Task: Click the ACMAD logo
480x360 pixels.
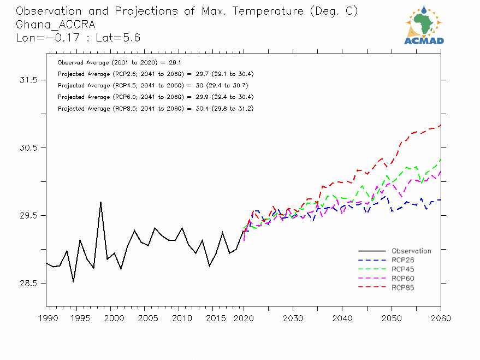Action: click(x=424, y=25)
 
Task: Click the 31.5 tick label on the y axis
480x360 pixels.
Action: click(x=28, y=80)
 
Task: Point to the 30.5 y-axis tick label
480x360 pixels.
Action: click(x=28, y=148)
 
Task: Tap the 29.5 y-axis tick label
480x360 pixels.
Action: click(x=28, y=216)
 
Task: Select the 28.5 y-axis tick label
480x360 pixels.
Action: click(x=28, y=284)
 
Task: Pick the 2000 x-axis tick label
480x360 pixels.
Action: click(x=112, y=318)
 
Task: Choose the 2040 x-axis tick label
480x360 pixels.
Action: click(x=342, y=318)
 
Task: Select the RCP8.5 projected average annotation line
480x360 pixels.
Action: click(x=155, y=109)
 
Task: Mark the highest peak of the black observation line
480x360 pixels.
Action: click(x=100, y=202)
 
